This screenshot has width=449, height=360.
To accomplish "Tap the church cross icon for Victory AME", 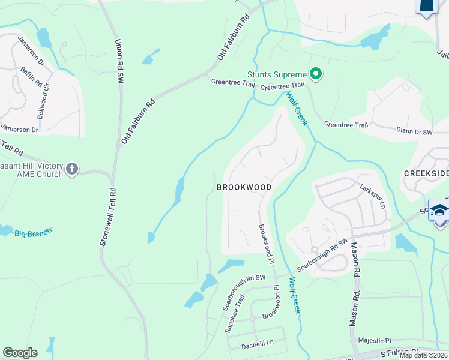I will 72,169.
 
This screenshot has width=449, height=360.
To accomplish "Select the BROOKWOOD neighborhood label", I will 244,187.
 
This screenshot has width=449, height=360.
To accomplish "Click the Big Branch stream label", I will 33,231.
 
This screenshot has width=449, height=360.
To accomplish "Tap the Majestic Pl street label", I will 374,340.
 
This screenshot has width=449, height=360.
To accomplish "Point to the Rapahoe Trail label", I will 234,313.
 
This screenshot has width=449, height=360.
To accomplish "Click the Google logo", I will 20,353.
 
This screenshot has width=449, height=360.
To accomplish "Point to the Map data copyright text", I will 424,355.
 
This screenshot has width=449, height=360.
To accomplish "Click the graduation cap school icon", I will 439,211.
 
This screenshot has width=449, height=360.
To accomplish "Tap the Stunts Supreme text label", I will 277,75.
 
